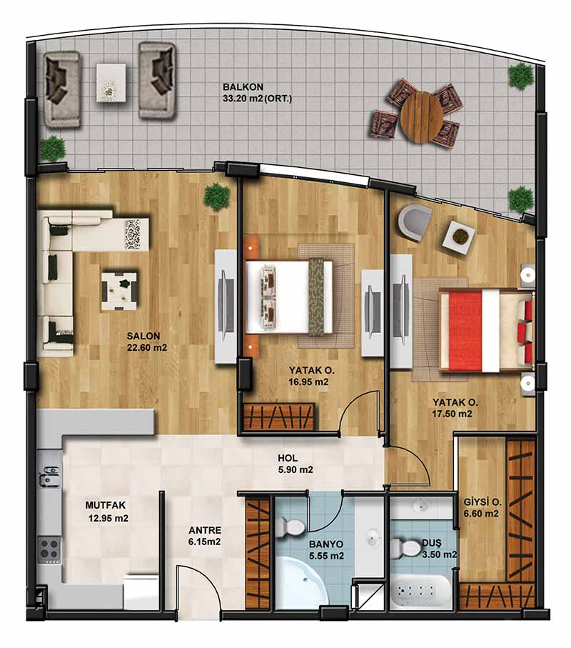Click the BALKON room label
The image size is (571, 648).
point(243,87)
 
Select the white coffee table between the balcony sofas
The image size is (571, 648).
point(111,82)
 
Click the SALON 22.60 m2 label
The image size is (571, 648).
point(147,342)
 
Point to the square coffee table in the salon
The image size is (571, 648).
point(119,291)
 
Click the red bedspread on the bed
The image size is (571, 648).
point(465,330)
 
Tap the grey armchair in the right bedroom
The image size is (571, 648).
point(415,222)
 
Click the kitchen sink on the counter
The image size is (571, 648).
point(49,475)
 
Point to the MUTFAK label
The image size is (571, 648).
point(106,505)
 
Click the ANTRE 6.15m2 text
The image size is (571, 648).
point(205,536)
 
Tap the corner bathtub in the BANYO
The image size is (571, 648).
point(302,582)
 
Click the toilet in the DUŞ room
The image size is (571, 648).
point(405,548)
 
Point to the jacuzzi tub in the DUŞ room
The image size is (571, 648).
point(420,591)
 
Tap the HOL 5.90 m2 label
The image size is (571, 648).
point(295,464)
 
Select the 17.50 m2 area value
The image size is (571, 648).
point(452,414)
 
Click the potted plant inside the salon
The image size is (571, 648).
point(216,196)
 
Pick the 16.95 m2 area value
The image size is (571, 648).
point(309,382)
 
